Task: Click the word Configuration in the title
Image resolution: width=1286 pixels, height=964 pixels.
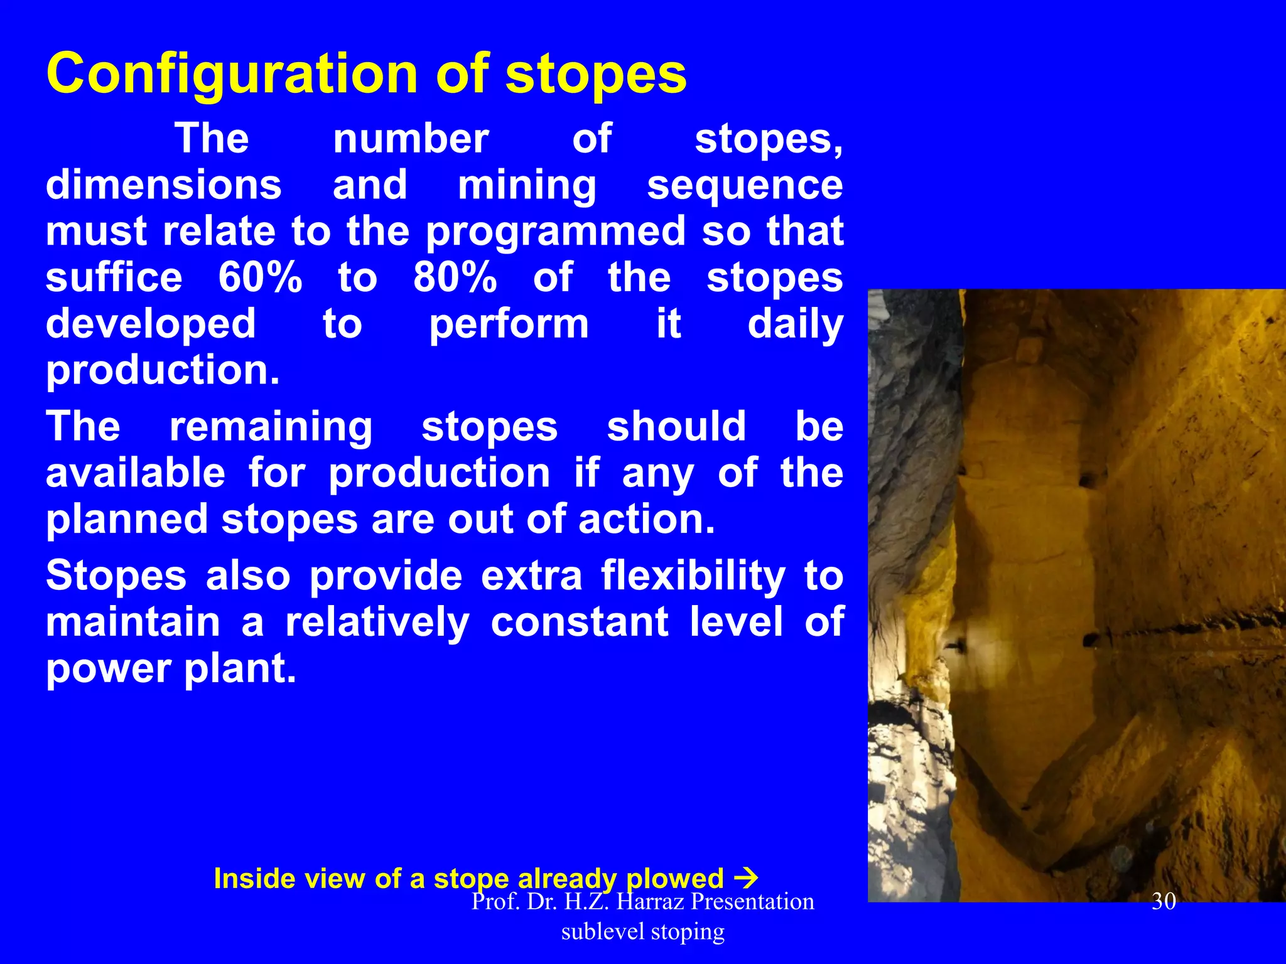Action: [232, 74]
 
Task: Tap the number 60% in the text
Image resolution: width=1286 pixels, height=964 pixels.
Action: [260, 277]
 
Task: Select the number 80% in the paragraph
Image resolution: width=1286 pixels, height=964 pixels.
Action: [455, 277]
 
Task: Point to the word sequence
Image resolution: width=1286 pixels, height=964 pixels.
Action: [745, 186]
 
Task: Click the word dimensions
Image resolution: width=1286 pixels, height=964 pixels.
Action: [163, 186]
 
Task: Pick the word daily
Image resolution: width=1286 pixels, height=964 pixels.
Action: [795, 324]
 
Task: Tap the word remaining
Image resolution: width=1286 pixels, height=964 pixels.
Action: [271, 427]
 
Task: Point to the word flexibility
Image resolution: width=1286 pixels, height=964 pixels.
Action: [693, 576]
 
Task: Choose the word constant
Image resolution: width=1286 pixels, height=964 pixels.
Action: [580, 622]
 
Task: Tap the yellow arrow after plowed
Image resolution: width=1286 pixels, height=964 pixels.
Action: [746, 878]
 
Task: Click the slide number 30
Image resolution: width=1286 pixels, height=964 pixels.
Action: [1164, 902]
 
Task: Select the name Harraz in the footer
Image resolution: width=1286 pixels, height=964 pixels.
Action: [650, 902]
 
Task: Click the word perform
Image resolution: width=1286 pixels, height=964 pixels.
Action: [509, 324]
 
